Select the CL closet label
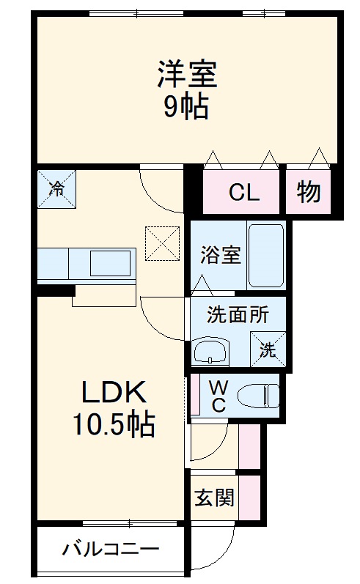[243, 193]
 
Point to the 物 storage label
[309, 192]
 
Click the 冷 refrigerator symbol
[56, 186]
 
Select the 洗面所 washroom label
[226, 315]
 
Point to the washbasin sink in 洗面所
[211, 352]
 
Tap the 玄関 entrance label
[214, 498]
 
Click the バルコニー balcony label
[110, 550]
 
